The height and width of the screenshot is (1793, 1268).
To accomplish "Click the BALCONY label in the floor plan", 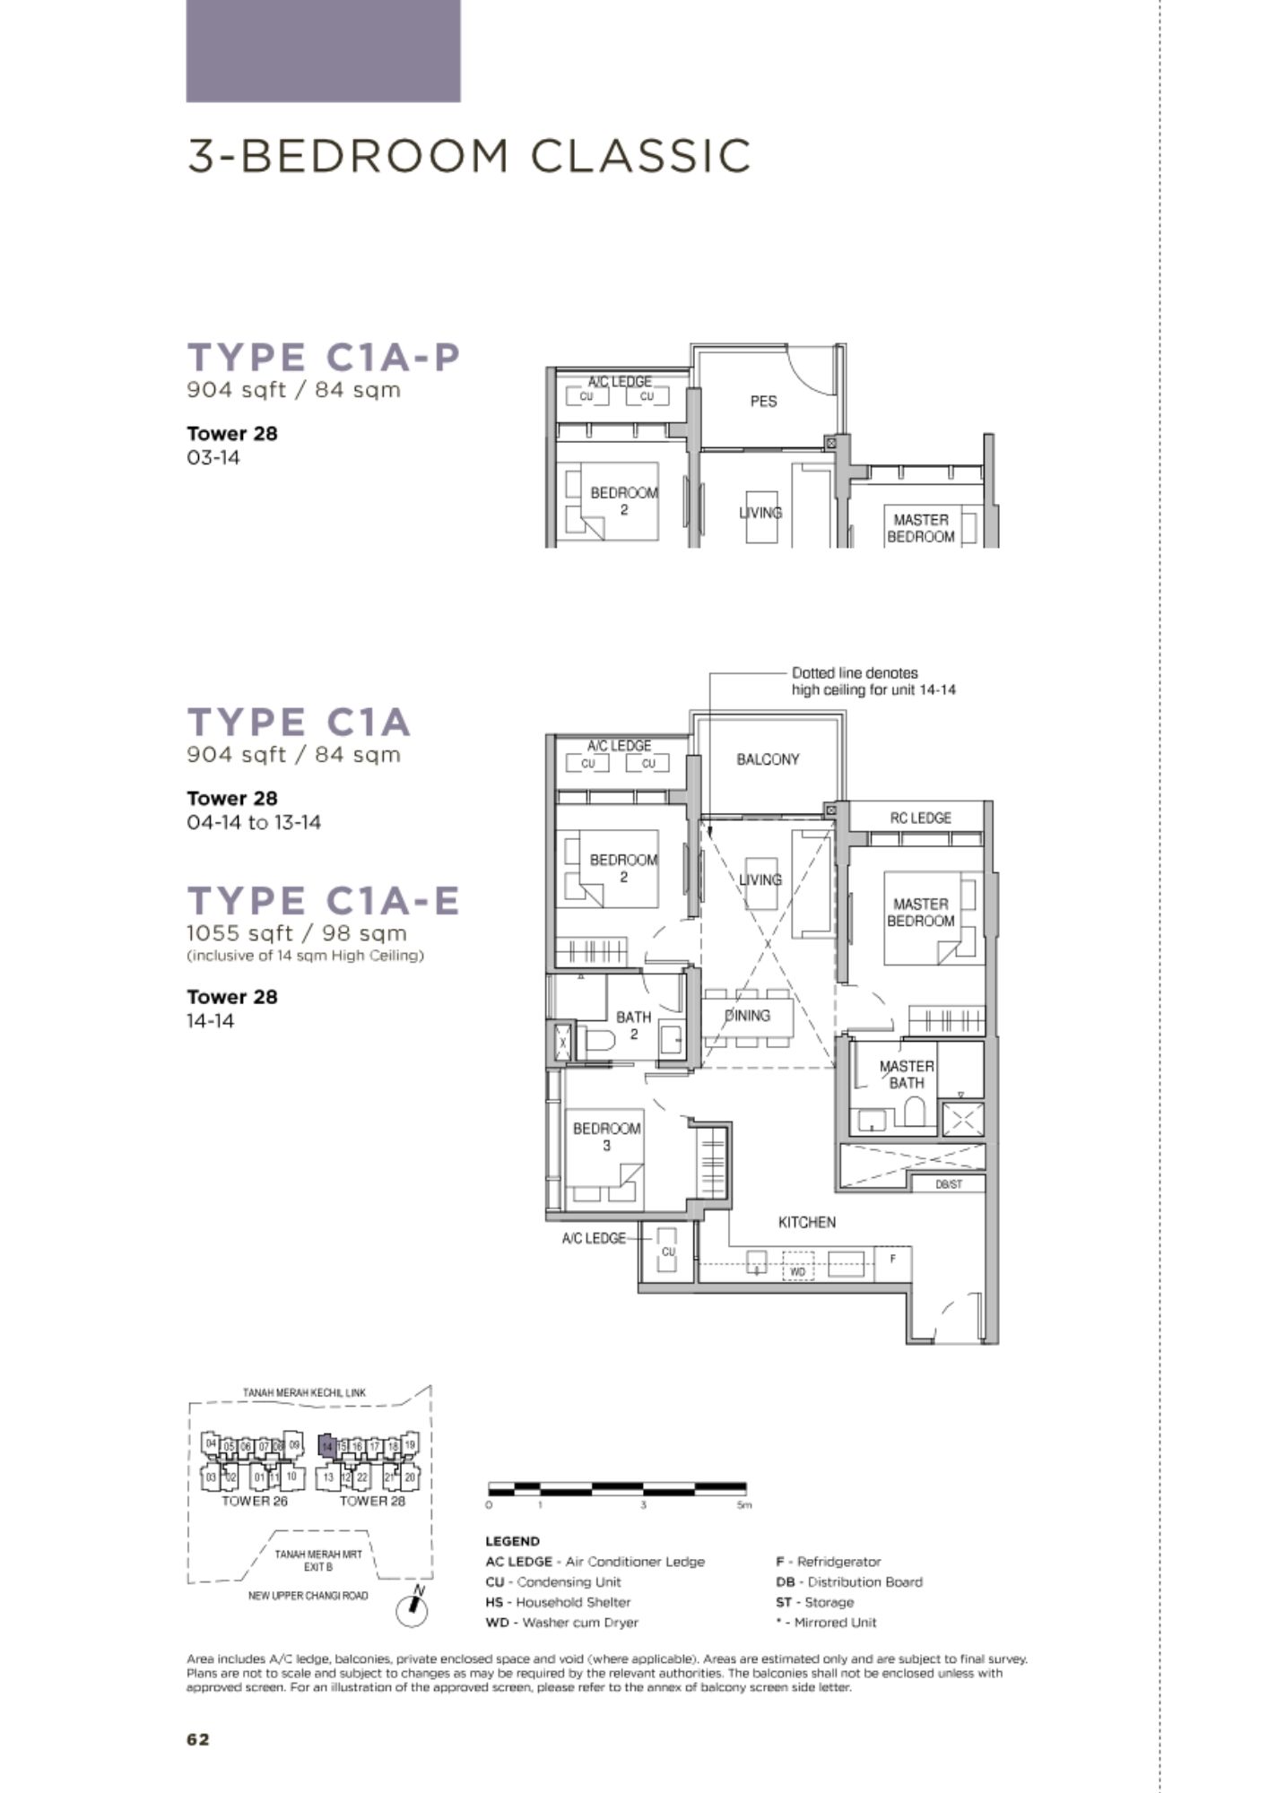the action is (x=768, y=759).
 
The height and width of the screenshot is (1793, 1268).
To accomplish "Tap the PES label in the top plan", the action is (x=763, y=402).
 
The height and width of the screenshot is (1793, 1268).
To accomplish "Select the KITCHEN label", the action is (x=807, y=1222).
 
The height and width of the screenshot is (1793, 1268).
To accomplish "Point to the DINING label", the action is (x=747, y=1016).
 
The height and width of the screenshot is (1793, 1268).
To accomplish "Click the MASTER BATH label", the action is (x=907, y=1074).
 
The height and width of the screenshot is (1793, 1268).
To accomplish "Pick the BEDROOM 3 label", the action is (x=607, y=1137).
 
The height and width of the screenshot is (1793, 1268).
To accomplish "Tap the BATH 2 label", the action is (x=633, y=1026).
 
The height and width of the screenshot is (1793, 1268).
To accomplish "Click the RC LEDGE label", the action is (x=921, y=818).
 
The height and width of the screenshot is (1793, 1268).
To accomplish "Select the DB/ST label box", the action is (x=948, y=1184).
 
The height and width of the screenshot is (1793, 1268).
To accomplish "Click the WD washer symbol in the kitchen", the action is (x=797, y=1271).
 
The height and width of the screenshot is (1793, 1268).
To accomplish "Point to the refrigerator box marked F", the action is (x=893, y=1259).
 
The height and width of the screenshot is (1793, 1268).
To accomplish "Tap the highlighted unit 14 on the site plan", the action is (x=327, y=1445).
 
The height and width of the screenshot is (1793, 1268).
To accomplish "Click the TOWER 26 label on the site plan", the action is (x=255, y=1502).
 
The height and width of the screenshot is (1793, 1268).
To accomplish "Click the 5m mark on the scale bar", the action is (x=743, y=1505).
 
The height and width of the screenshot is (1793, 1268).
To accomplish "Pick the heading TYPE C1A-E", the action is (x=324, y=900).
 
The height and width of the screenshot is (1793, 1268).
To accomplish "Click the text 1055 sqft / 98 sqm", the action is (x=297, y=933).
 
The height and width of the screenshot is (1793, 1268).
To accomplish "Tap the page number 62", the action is (x=198, y=1739).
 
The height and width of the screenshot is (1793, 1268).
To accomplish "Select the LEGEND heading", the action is (x=512, y=1541).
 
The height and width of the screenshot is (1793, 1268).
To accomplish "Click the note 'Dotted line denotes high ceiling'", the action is (x=873, y=681).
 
